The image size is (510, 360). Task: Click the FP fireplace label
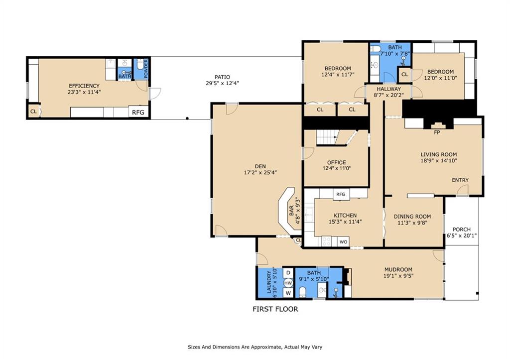(x=437, y=132)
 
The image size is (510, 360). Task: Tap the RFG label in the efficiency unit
(x=138, y=113)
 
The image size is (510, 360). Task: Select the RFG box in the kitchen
(x=341, y=195)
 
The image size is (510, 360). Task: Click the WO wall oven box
(x=344, y=241)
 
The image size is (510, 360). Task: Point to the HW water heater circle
(x=288, y=283)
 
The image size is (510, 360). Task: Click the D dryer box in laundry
(x=288, y=272)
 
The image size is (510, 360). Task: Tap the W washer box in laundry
(x=288, y=293)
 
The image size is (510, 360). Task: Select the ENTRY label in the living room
(x=460, y=180)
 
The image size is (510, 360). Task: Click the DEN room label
(x=260, y=166)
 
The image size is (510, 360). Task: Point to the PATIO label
(x=223, y=77)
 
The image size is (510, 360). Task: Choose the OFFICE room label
(x=337, y=162)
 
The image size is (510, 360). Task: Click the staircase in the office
(x=327, y=137)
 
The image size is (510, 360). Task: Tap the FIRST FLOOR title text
(x=275, y=309)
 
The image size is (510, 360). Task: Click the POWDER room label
(x=146, y=69)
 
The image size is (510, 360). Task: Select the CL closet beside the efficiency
(x=33, y=112)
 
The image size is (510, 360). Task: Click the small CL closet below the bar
(x=298, y=240)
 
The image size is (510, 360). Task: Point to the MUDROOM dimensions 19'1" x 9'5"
(x=398, y=276)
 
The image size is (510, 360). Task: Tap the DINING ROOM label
(x=412, y=216)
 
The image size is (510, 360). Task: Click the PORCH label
(x=462, y=229)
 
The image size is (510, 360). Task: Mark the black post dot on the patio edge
(x=187, y=119)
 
